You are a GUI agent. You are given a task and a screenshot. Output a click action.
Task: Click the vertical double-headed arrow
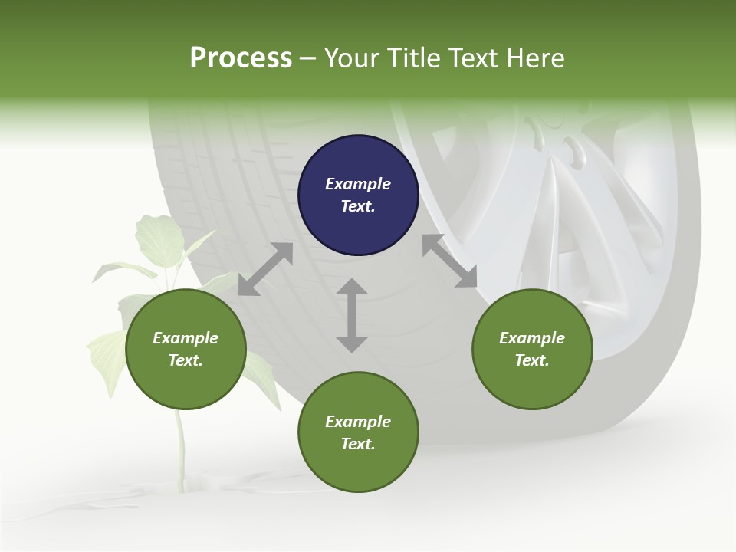point(352,315)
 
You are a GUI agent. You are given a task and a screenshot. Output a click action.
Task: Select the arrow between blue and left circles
point(265,269)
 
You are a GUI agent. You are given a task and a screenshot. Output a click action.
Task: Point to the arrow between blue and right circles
point(450,261)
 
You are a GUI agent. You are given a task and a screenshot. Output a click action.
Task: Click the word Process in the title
point(241,58)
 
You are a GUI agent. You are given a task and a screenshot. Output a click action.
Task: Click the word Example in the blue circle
point(358,184)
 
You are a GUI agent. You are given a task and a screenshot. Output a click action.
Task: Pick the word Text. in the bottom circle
point(358,444)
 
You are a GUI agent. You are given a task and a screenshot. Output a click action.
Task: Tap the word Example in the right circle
point(532,338)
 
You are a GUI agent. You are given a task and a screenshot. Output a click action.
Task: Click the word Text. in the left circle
point(186,360)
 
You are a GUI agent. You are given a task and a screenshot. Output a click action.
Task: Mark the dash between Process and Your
point(308,58)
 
